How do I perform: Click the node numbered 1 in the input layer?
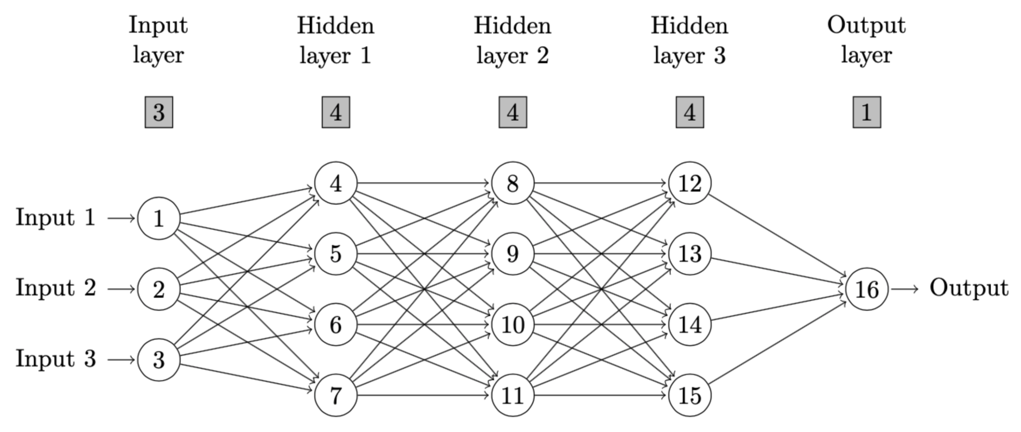[158, 219]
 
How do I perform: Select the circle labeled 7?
[336, 395]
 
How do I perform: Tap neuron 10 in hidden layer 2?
[512, 325]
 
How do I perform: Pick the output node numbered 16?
[867, 289]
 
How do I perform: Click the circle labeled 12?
[690, 183]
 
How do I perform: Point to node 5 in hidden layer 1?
[336, 254]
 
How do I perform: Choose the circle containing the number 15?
[690, 395]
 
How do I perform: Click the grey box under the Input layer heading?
[158, 112]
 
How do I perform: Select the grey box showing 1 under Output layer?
[867, 112]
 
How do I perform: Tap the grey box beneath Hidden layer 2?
[512, 112]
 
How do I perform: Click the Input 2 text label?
[55, 288]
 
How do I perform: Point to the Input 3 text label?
[55, 359]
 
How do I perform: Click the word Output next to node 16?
[969, 288]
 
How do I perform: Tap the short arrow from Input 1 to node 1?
[121, 218]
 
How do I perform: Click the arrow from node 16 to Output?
[904, 289]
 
